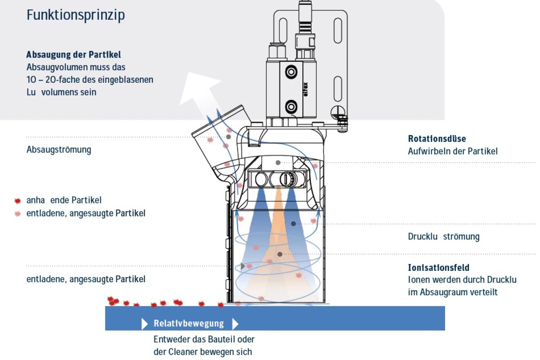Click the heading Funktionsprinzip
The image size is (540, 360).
tap(76, 15)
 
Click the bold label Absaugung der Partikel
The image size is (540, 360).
tap(74, 55)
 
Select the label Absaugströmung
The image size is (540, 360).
tap(58, 149)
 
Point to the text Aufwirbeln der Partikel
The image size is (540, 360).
tap(453, 151)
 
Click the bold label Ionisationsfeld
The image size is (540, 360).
tap(439, 268)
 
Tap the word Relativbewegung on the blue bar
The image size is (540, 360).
tap(189, 324)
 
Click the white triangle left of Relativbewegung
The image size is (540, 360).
tap(144, 324)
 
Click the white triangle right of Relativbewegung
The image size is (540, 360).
tap(235, 324)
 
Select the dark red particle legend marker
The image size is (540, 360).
tap(18, 201)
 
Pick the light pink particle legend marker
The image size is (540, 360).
tap(18, 213)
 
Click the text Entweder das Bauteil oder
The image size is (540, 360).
tap(204, 339)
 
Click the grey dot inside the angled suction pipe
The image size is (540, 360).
tap(229, 136)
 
